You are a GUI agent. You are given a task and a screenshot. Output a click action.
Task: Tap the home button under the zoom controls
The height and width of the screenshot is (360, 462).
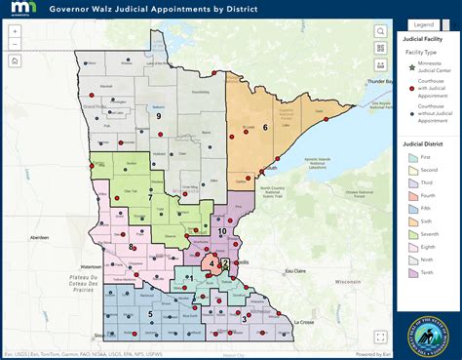(15, 60)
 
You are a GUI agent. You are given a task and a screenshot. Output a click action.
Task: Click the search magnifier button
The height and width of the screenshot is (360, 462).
(379, 31)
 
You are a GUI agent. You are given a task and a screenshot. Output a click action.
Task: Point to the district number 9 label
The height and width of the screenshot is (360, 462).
(158, 116)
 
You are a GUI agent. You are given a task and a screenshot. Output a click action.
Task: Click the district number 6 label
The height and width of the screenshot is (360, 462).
(264, 127)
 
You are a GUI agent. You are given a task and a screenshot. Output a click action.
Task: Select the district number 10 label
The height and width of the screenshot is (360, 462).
(223, 231)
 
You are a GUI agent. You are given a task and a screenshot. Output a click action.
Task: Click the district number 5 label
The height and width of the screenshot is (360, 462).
(150, 314)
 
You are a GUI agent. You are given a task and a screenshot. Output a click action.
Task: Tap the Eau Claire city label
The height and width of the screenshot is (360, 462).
(294, 270)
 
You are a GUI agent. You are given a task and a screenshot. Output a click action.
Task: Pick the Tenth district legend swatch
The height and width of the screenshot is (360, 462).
(412, 290)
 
